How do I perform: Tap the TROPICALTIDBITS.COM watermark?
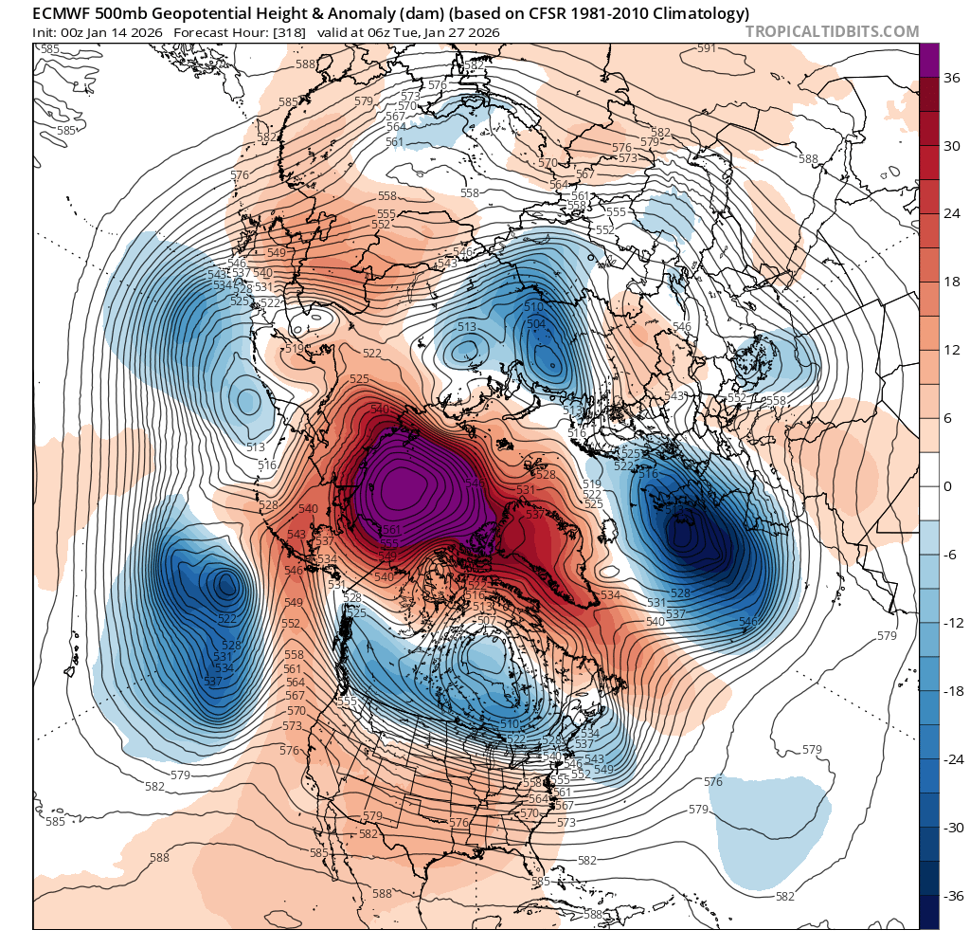(832, 31)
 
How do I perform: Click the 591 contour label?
(707, 48)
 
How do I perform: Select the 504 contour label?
(536, 324)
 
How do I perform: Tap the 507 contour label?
(487, 621)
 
